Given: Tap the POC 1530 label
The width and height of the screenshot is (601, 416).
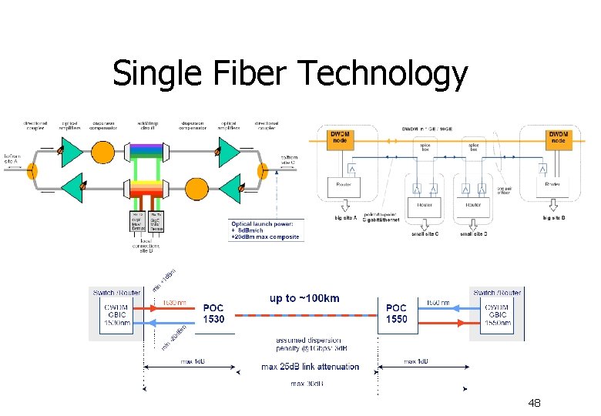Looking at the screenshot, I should [213, 313].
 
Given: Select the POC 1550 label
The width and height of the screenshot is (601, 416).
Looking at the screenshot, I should [396, 313].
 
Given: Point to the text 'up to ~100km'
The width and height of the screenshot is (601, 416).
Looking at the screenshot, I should [304, 298].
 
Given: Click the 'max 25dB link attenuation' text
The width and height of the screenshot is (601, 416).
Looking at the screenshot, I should [310, 367].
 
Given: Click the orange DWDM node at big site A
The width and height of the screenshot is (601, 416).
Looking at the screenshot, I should [340, 139].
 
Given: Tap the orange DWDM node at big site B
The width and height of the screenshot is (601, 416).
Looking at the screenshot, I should [559, 139].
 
